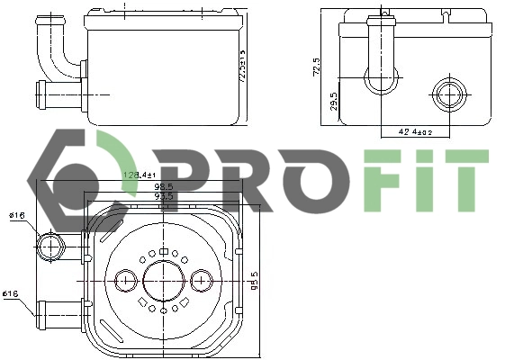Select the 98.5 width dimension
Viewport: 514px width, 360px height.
[x=163, y=186]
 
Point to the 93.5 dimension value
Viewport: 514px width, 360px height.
[x=163, y=196]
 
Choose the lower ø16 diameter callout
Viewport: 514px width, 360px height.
[x=12, y=293]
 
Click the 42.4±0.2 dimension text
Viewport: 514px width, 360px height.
[x=415, y=132]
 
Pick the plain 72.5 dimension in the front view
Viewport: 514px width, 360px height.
[x=316, y=67]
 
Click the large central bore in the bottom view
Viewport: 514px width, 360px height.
[x=163, y=281]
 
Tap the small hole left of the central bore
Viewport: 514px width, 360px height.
[x=124, y=281]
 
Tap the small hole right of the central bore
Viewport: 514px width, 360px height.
[x=202, y=281]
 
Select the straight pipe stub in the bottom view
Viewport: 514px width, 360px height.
[x=59, y=310]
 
